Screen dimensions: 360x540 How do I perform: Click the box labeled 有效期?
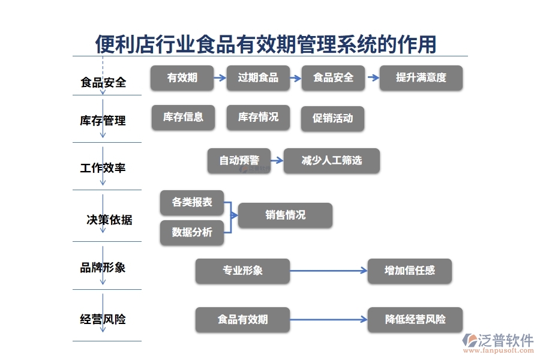(x=182, y=78)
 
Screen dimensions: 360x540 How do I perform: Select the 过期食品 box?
(x=258, y=78)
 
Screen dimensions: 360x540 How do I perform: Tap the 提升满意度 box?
(x=421, y=78)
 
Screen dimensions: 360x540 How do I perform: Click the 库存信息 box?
(x=183, y=118)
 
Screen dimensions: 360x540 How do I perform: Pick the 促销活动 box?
(x=332, y=119)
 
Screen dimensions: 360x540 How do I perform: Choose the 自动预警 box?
(x=239, y=161)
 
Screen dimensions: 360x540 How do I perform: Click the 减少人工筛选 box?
(x=331, y=161)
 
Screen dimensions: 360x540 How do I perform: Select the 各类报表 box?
(x=192, y=203)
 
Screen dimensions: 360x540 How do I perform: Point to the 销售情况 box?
(x=285, y=215)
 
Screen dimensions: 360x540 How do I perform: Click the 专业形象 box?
(x=242, y=271)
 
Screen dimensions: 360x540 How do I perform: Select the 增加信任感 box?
(x=410, y=271)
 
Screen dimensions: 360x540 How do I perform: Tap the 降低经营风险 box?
(x=415, y=320)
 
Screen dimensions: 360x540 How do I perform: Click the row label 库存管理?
(x=103, y=121)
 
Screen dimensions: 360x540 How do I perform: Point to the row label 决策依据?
(x=109, y=220)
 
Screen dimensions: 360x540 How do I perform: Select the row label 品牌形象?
(x=103, y=268)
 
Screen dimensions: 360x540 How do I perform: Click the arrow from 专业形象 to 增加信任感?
(x=328, y=271)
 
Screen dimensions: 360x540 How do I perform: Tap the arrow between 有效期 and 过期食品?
(x=220, y=78)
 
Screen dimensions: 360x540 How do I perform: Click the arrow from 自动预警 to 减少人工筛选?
(x=277, y=161)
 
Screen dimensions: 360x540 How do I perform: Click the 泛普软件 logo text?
(x=505, y=340)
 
